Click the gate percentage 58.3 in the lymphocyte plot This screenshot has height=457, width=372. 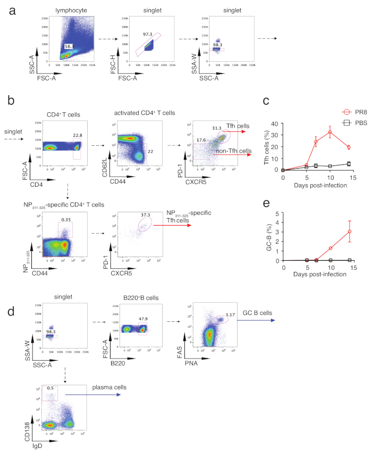[x=69, y=46]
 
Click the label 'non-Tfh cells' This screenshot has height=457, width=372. [x=235, y=151]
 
